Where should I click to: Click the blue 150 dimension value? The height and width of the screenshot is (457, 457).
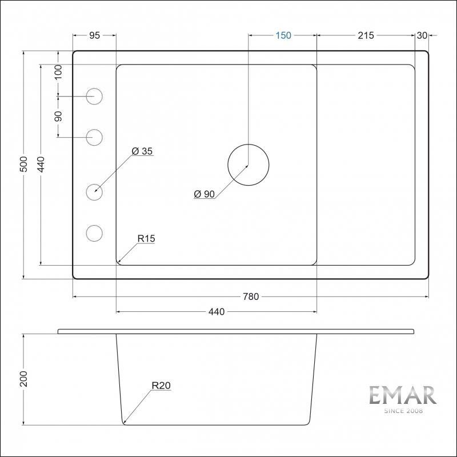pyautogui.click(x=283, y=35)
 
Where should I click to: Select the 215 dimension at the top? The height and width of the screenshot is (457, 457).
pyautogui.click(x=366, y=35)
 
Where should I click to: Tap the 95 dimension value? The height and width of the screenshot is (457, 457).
pyautogui.click(x=94, y=35)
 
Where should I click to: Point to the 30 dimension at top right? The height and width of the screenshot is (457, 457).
pyautogui.click(x=422, y=35)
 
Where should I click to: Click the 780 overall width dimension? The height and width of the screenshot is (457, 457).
pyautogui.click(x=251, y=296)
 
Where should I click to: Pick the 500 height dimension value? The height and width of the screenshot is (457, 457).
pyautogui.click(x=24, y=164)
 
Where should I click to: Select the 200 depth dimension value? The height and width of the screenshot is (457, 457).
pyautogui.click(x=23, y=379)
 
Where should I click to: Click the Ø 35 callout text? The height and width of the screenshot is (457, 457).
pyautogui.click(x=142, y=151)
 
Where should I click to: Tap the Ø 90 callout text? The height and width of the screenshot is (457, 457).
pyautogui.click(x=205, y=194)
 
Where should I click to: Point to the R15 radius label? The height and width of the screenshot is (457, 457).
pyautogui.click(x=146, y=238)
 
